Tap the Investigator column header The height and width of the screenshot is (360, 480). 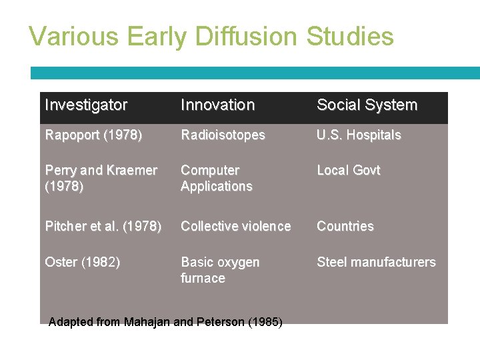(85, 105)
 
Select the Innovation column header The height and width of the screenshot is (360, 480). (217, 105)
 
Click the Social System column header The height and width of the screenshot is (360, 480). (367, 105)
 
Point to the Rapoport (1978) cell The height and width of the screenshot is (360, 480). (93, 135)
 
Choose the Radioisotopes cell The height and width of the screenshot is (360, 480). (223, 135)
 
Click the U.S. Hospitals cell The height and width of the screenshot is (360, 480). (359, 135)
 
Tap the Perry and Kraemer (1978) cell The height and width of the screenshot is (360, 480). (101, 179)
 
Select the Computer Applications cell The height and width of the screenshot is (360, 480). (216, 179)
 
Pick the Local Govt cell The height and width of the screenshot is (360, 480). (348, 171)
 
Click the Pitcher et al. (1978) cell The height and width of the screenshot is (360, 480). (103, 227)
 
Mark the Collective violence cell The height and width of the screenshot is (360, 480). (235, 227)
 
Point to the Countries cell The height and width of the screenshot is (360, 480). (345, 227)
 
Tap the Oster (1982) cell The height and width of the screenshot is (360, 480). (83, 263)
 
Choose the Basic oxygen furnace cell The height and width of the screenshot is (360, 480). (220, 270)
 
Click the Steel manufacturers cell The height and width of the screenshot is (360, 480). (376, 263)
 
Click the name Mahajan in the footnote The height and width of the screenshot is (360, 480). (147, 323)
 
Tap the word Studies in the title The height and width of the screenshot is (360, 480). (350, 36)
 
